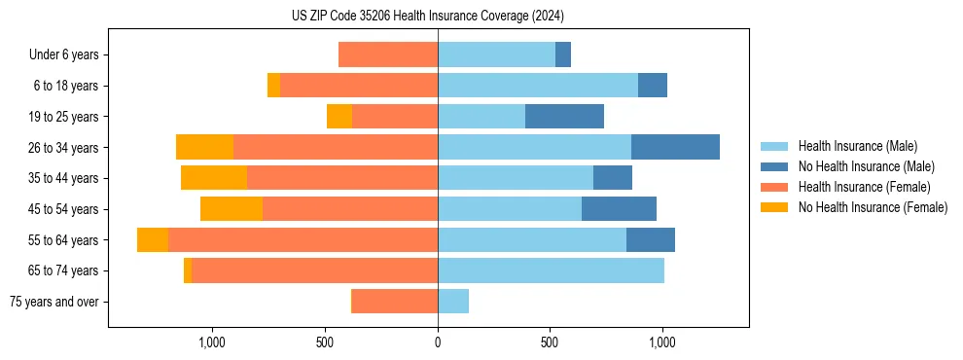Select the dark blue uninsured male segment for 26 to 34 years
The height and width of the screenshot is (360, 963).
[x=675, y=147]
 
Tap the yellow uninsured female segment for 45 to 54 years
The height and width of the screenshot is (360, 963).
[x=232, y=209]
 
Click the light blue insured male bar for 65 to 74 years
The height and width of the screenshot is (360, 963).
[x=551, y=270]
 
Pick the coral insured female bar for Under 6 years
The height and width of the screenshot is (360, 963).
[x=388, y=54]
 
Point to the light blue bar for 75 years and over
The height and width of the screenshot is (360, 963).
[x=453, y=302]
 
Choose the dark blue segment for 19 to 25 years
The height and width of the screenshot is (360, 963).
[x=564, y=117]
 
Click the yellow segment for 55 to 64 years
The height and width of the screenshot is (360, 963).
[x=153, y=240]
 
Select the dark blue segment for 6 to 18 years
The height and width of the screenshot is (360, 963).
[x=653, y=86]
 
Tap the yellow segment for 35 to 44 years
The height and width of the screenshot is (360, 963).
[x=214, y=178]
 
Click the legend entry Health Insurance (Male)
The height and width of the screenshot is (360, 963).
[x=857, y=146]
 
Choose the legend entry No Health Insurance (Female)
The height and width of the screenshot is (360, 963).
[x=873, y=207]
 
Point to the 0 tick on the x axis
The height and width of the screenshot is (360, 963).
[x=438, y=342]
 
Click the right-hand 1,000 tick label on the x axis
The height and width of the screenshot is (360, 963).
[x=662, y=342]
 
